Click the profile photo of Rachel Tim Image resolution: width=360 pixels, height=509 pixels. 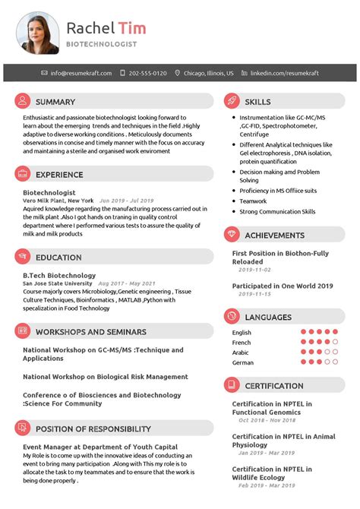click(38, 33)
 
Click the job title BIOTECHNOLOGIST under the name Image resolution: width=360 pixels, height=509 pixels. click(102, 44)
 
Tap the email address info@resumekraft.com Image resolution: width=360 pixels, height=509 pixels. click(81, 73)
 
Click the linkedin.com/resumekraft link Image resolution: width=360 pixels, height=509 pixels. click(284, 73)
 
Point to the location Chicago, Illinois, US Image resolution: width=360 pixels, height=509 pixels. click(208, 73)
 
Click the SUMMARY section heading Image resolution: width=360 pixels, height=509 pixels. click(55, 102)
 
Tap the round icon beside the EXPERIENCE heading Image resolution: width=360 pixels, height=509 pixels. click(23, 174)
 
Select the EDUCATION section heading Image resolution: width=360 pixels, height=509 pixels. click(58, 257)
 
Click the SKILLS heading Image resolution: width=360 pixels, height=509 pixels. click(257, 101)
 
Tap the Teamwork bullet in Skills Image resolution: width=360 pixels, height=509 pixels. click(253, 201)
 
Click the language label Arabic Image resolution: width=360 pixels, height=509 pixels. click(241, 353)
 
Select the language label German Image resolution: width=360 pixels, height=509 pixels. click(243, 362)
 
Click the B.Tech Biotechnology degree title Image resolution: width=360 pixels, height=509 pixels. click(59, 275)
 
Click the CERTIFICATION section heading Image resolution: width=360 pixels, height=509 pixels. click(274, 385)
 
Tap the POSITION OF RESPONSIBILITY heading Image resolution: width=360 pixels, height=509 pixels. click(93, 428)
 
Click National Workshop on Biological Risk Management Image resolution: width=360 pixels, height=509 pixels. click(106, 376)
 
